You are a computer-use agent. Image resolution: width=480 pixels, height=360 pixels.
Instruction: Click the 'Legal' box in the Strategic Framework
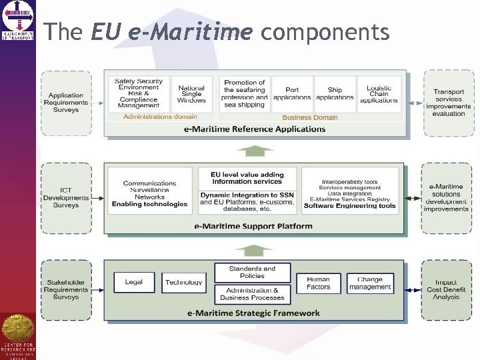pos(134,283)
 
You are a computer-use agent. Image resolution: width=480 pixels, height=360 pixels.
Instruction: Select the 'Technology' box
pos(183,283)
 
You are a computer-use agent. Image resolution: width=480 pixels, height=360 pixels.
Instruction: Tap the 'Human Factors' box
pos(318,283)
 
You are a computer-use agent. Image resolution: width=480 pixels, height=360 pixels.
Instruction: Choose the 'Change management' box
pos(370,283)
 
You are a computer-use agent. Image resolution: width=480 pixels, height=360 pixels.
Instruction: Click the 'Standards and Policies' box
pos(252,272)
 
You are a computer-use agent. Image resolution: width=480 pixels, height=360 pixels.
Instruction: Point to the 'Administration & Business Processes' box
pos(252,294)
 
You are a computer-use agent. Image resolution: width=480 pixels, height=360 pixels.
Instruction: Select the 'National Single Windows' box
pos(192,93)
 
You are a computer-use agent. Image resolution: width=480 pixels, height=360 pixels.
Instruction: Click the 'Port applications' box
pos(292,93)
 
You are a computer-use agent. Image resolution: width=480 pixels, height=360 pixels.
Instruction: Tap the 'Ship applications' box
pos(335,93)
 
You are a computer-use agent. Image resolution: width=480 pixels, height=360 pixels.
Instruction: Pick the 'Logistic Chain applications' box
pos(379,93)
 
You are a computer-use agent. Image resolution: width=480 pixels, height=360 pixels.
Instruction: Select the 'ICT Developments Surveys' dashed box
pos(66,198)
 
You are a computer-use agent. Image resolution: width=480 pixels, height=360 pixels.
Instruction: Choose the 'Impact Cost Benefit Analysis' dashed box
pos(447,289)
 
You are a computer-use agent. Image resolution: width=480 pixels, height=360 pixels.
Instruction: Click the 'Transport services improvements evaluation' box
pos(449,103)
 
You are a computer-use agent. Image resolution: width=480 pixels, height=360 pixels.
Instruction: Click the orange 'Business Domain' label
pos(310,117)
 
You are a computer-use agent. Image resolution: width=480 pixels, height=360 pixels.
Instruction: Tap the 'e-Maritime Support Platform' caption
pos(253,226)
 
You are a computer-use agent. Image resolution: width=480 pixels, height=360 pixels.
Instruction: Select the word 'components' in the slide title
pos(325,31)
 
